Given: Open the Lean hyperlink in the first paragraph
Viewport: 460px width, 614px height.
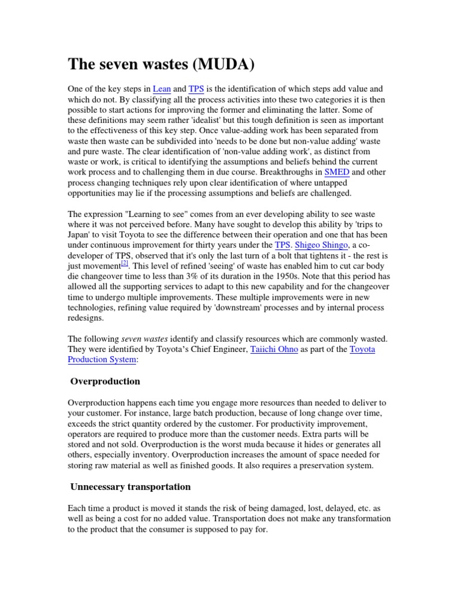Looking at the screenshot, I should tap(162, 89).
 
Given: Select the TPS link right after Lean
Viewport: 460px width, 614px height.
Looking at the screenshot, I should tap(196, 89).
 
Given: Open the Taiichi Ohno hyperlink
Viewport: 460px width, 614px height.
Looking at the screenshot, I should tap(274, 349).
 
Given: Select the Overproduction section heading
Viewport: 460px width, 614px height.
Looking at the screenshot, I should tap(105, 381).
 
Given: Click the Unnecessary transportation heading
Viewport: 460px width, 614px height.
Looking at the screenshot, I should tap(131, 486).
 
